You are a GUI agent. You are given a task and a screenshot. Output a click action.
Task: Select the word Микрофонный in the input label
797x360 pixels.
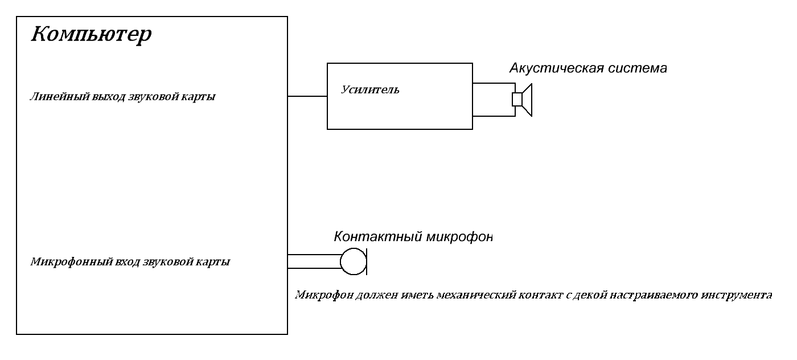click(x=63, y=263)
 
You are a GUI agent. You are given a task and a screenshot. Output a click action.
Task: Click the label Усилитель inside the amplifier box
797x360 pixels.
click(x=370, y=89)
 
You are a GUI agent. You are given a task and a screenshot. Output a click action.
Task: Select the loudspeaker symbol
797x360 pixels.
click(x=522, y=100)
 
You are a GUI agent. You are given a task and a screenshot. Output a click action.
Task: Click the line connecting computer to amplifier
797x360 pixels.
click(x=307, y=96)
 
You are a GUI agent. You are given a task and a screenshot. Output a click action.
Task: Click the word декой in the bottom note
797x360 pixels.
click(x=587, y=295)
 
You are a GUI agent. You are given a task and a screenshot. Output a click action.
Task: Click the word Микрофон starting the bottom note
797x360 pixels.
click(x=317, y=295)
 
